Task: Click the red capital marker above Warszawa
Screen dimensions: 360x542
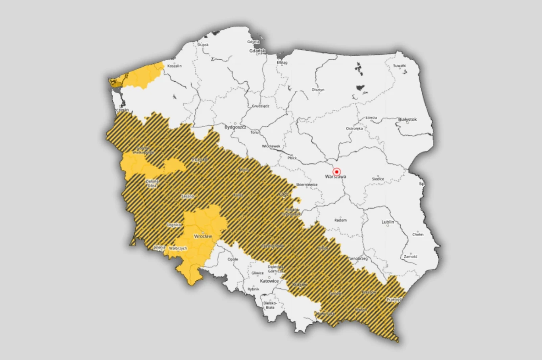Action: coord(336,172)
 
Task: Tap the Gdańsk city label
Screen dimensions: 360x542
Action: coord(257,51)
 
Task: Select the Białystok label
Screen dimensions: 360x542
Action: coord(407,119)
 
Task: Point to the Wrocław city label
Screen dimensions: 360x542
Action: coord(203,236)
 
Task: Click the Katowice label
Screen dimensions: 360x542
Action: coord(269,281)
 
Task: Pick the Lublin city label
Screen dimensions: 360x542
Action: coord(388,222)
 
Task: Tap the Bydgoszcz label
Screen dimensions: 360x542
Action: coord(235,127)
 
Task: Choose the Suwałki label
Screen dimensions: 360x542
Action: coord(400,66)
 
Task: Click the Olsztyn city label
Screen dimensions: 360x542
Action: coord(318,90)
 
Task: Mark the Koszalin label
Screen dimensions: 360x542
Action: coord(175,66)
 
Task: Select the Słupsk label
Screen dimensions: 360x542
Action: coord(203,45)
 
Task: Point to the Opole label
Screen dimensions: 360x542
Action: coord(233,259)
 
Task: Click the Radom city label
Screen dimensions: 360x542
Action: coord(340,220)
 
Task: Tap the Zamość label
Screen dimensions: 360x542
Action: coord(411,257)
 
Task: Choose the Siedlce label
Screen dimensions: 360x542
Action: coord(378,179)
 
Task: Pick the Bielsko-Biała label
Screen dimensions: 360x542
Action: coord(270,305)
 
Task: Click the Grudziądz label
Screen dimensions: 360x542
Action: coord(260,106)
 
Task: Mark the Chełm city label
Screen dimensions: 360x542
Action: coord(418,234)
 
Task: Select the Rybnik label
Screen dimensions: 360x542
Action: coord(253,289)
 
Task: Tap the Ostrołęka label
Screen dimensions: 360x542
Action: coord(354,128)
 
